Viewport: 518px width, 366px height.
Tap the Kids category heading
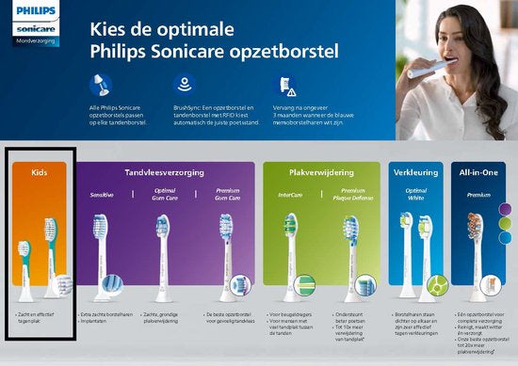pos(40,173)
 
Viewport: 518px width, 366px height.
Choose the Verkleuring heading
pos(414,173)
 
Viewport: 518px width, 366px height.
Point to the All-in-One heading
pos(478,173)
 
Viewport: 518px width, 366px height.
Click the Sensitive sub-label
pos(102,194)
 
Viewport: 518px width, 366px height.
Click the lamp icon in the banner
pos(102,85)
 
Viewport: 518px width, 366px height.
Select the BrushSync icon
pos(186,85)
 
